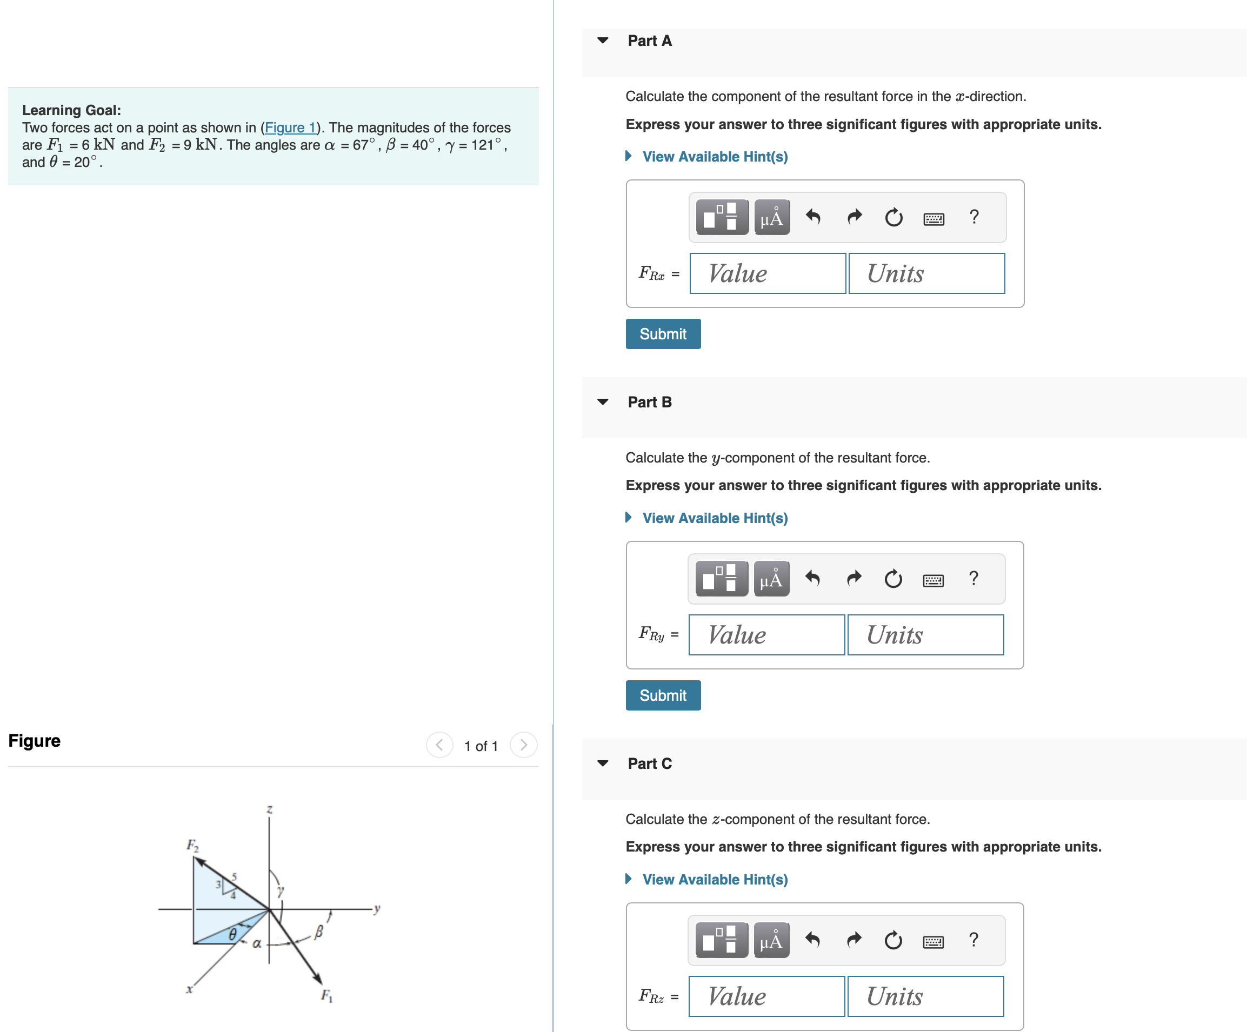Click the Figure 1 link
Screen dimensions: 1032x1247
coord(290,128)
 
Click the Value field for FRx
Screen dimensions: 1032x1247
coord(767,273)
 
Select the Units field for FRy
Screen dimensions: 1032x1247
coord(925,635)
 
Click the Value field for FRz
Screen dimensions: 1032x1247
coord(766,996)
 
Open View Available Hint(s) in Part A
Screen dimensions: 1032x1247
coord(715,157)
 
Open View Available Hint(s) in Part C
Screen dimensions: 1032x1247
coord(715,880)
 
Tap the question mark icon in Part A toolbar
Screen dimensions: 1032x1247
coord(974,217)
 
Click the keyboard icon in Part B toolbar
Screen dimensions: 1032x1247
coord(933,580)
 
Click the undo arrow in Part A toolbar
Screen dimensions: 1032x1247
coord(813,217)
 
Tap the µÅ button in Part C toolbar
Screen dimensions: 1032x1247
coord(771,940)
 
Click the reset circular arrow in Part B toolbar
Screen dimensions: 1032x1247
coord(892,579)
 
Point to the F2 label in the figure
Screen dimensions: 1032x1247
coord(192,845)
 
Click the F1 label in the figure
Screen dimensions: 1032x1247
coord(326,995)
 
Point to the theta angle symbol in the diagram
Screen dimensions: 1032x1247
coord(233,934)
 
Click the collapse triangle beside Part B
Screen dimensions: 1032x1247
coord(603,402)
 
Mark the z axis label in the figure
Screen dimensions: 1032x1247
coord(270,809)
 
